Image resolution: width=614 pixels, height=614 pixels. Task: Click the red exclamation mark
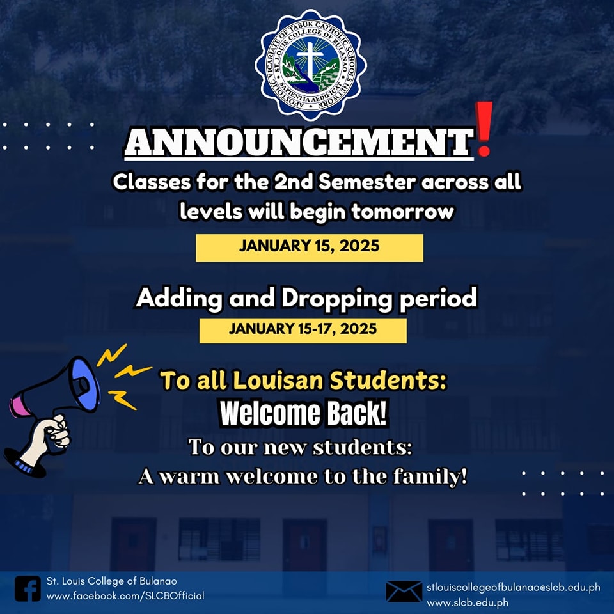[x=484, y=129]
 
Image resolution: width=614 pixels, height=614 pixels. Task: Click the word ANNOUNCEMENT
[x=299, y=142]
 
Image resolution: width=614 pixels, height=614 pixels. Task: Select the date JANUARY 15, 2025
[x=310, y=246]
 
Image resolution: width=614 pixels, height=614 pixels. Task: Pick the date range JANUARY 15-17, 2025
[x=303, y=329]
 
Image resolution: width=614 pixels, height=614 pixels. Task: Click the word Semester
[x=367, y=182]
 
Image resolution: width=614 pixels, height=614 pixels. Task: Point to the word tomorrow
[x=402, y=212]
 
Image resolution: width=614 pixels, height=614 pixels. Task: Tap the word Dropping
[x=336, y=299]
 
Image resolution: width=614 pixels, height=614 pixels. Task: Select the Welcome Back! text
[x=303, y=413]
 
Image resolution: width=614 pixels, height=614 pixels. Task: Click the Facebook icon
[x=28, y=588]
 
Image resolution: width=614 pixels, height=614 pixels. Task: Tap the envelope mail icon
[x=404, y=592]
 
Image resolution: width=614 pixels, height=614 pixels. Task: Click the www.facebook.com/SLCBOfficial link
[x=125, y=596]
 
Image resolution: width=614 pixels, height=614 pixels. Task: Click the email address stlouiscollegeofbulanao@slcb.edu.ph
[x=514, y=587]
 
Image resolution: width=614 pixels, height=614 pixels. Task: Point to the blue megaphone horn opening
[x=84, y=384]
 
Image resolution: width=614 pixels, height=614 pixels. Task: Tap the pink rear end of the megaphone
[x=18, y=407]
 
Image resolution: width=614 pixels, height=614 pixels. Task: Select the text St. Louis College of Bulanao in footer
[x=111, y=581]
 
